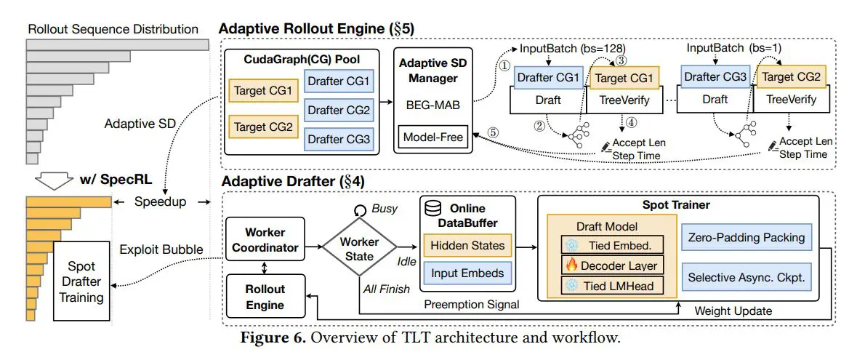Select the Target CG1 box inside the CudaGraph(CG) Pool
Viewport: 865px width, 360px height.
click(x=259, y=91)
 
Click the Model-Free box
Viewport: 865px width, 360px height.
click(x=433, y=137)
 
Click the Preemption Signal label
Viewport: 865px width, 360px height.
click(x=472, y=305)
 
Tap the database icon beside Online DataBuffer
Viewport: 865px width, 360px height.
click(x=435, y=209)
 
